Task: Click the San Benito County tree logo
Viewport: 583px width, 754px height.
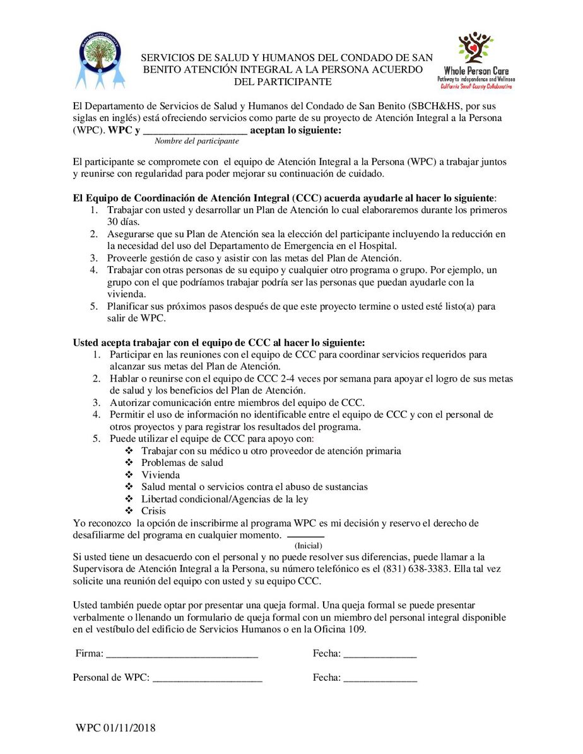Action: pyautogui.click(x=100, y=61)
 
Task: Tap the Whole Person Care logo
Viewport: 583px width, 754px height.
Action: pyautogui.click(x=476, y=60)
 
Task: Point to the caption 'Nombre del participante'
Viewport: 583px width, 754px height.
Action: pyautogui.click(x=197, y=141)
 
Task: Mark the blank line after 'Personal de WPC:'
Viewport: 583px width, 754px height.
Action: pyautogui.click(x=208, y=680)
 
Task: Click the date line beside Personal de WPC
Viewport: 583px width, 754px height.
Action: pyautogui.click(x=380, y=680)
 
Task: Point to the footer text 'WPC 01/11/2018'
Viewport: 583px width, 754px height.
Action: pyautogui.click(x=115, y=729)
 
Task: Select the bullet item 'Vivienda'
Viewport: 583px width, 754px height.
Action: pyautogui.click(x=160, y=475)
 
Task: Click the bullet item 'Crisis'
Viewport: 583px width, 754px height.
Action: pyautogui.click(x=154, y=511)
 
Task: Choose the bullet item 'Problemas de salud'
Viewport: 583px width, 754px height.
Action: pyautogui.click(x=182, y=463)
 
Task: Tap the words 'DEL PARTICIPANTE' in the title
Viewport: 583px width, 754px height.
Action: pyautogui.click(x=282, y=82)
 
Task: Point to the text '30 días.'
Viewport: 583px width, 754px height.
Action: pyautogui.click(x=124, y=222)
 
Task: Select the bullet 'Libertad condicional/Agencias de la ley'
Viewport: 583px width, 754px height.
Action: pyautogui.click(x=225, y=499)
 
